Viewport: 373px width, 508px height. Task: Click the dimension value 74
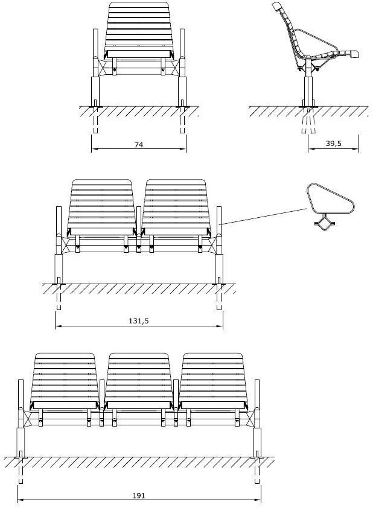[x=138, y=144]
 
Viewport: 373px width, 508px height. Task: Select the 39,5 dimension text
[x=333, y=143]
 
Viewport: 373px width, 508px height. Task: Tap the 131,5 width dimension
[x=139, y=321]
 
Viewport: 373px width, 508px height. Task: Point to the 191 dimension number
[x=139, y=495]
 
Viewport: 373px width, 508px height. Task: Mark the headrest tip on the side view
[x=278, y=7]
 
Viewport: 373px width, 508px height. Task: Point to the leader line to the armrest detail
[x=264, y=217]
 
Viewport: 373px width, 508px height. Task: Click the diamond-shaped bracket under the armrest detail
[x=324, y=224]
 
